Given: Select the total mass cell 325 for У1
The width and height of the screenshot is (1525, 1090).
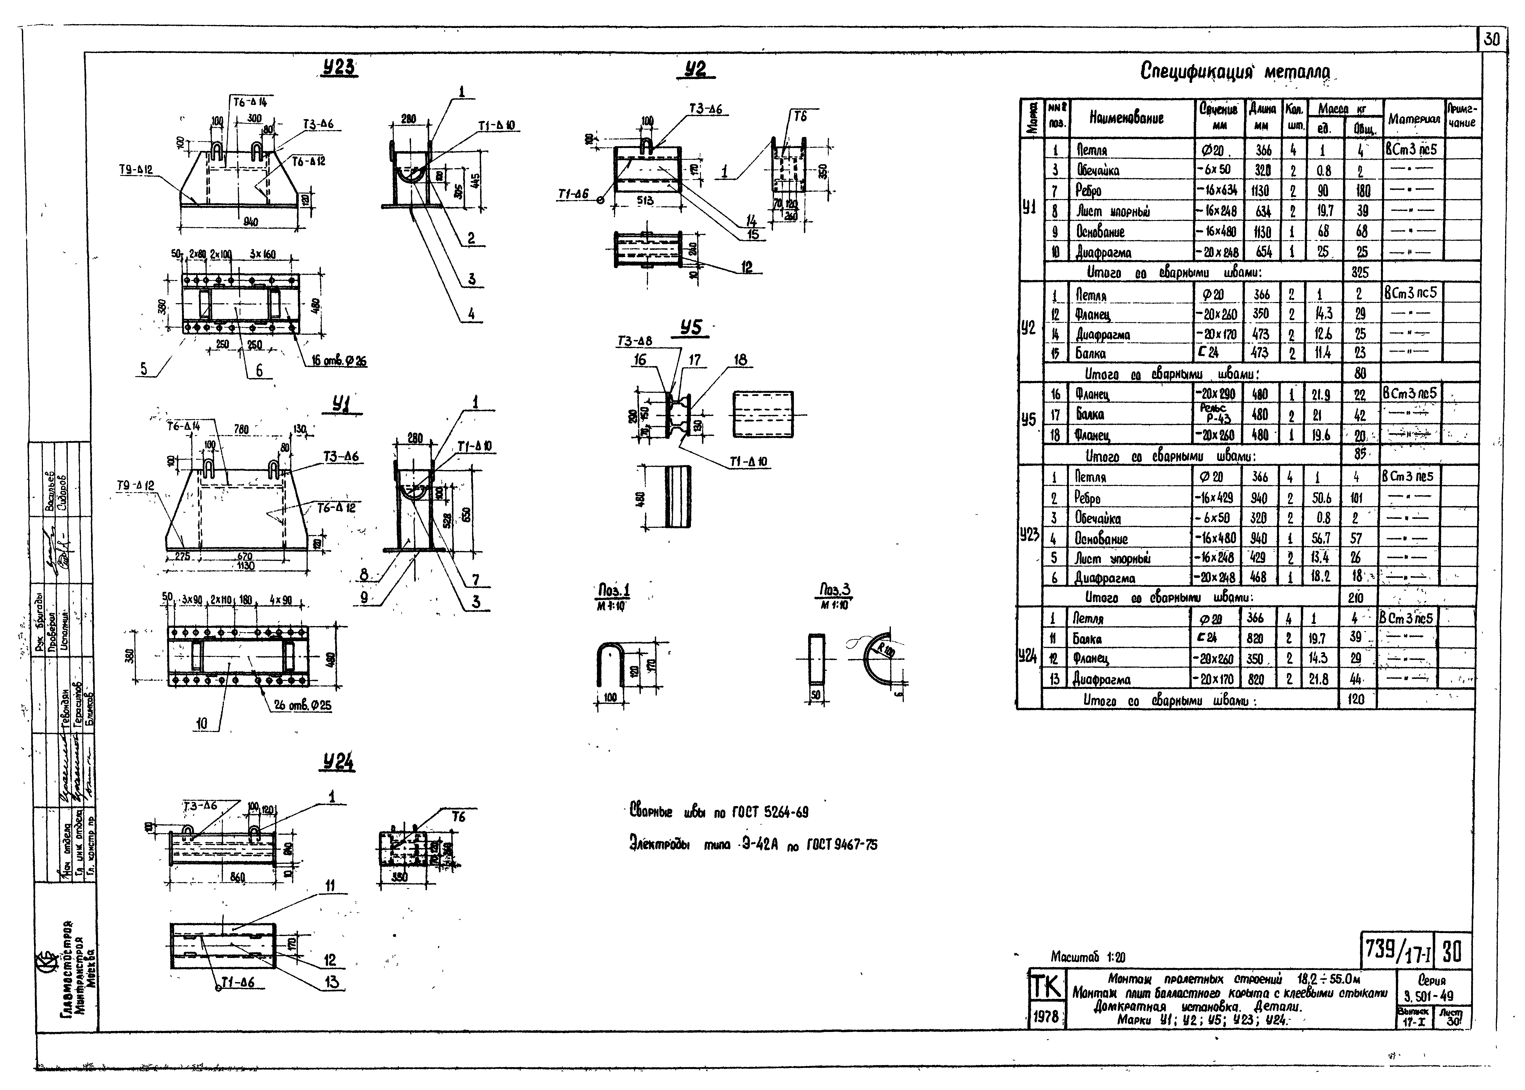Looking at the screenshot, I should click(1359, 272).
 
